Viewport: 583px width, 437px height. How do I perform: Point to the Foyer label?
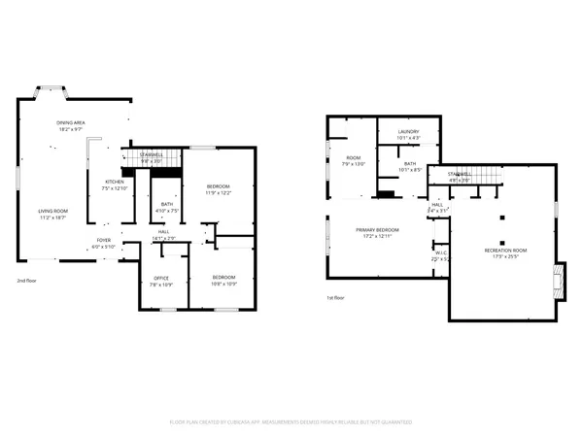(103, 244)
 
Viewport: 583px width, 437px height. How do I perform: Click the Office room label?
(160, 281)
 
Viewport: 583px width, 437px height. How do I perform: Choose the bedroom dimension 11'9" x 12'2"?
(219, 193)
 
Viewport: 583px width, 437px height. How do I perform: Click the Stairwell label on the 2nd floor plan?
(152, 157)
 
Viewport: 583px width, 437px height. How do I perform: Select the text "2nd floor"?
(26, 281)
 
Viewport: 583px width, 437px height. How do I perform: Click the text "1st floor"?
(335, 299)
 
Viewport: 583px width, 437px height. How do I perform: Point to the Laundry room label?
(410, 136)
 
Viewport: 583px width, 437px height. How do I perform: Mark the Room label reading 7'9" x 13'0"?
(352, 161)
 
